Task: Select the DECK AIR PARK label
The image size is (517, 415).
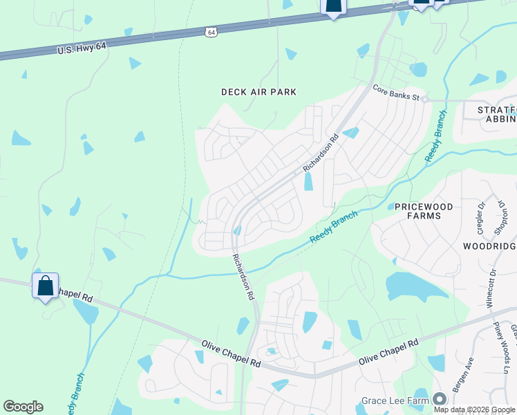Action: [258, 92]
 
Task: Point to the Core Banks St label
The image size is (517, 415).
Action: [396, 93]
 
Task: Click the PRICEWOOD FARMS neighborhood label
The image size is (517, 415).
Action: [417, 212]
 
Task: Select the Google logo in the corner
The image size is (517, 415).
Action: [23, 407]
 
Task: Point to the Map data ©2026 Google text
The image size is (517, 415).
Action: [473, 409]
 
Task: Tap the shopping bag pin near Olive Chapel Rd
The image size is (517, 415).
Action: [45, 286]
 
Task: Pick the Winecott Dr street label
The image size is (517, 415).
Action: [491, 288]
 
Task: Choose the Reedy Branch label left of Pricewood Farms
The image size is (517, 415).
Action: [334, 228]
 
